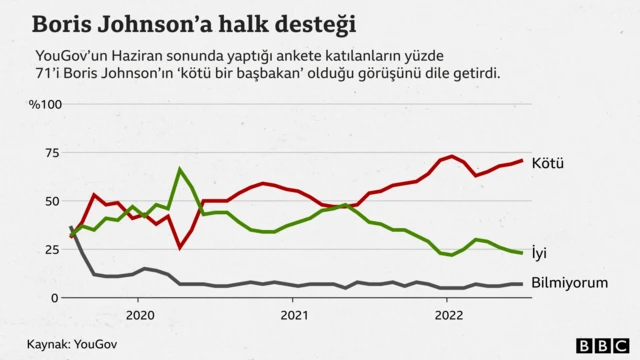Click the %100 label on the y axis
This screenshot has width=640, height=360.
click(x=45, y=105)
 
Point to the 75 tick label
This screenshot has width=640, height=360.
click(x=51, y=153)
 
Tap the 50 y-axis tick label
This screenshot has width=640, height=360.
click(x=51, y=201)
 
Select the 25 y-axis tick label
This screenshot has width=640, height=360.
click(x=51, y=249)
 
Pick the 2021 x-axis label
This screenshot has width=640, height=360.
click(x=293, y=315)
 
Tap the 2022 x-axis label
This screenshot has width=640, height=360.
click(x=446, y=315)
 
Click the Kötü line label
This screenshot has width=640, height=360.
click(x=549, y=162)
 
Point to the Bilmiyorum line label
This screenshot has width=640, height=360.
click(x=569, y=283)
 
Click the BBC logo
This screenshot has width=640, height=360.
click(x=599, y=345)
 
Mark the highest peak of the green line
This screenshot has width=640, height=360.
click(x=180, y=170)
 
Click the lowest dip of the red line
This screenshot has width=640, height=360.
click(x=180, y=247)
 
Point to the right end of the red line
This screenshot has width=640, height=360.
click(x=522, y=161)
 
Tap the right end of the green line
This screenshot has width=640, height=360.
click(x=522, y=253)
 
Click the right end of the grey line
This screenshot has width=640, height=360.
click(x=522, y=284)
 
